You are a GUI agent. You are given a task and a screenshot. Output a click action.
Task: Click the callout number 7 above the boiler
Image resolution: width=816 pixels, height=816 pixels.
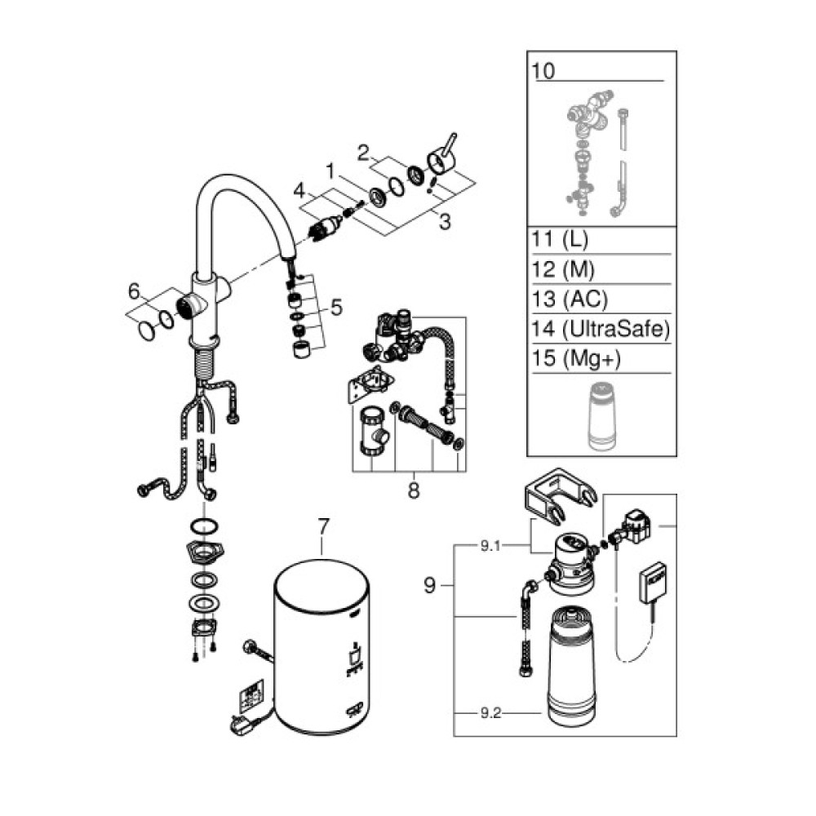tap(323, 526)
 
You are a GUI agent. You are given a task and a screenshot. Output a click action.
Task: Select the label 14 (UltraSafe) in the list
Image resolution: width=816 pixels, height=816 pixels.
tap(600, 329)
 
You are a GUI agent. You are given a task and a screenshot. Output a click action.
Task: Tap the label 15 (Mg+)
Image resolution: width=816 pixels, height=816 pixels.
tap(576, 358)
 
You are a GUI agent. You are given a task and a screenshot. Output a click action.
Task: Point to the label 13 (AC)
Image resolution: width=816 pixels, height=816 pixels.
tap(570, 299)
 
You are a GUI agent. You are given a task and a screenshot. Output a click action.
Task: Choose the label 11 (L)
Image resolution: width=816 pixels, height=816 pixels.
tap(560, 239)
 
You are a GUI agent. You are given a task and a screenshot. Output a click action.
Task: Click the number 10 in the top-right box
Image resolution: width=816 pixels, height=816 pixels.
tap(543, 71)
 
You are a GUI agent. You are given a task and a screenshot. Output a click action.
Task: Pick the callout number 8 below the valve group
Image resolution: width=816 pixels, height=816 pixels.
tap(414, 490)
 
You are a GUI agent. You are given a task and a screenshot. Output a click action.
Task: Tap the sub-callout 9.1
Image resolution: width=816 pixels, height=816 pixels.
tap(490, 546)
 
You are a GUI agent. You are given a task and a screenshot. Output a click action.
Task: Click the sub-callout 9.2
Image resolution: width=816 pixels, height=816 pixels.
tap(490, 713)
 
